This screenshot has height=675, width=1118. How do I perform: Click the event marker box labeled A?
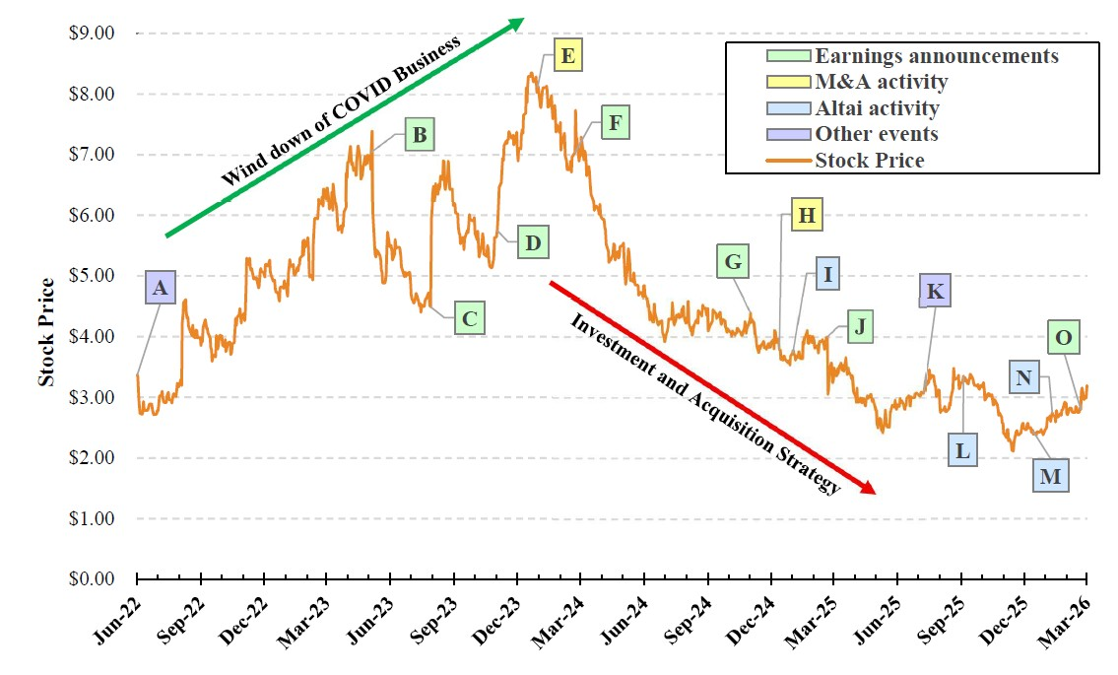tap(160, 290)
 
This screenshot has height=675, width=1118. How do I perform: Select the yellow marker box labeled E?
tap(566, 55)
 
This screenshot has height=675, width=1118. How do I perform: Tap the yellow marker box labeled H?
tap(805, 216)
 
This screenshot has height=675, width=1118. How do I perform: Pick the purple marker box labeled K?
tap(936, 292)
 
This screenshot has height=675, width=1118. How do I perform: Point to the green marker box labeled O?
tap(1063, 338)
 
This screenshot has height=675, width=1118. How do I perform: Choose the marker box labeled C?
tap(470, 319)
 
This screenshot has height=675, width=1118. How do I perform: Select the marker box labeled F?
tap(615, 123)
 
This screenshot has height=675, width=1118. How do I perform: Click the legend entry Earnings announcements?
tap(936, 56)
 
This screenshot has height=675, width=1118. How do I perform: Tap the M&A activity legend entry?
tap(881, 82)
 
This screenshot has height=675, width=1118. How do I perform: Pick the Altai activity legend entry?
tap(877, 108)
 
